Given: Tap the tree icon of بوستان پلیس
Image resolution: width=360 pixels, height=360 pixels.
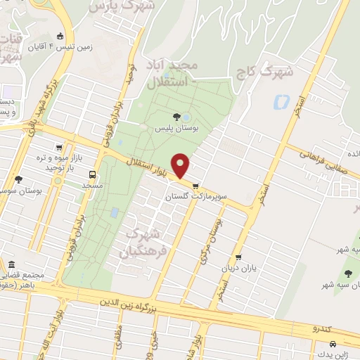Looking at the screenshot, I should pos(176,117).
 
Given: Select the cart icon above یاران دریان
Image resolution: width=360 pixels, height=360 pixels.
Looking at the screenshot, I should pos(239,257).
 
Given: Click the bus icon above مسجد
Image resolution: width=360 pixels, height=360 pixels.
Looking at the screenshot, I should pos(92,174).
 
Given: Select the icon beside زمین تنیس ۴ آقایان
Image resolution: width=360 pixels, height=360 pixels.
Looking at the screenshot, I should pos(60,37).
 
